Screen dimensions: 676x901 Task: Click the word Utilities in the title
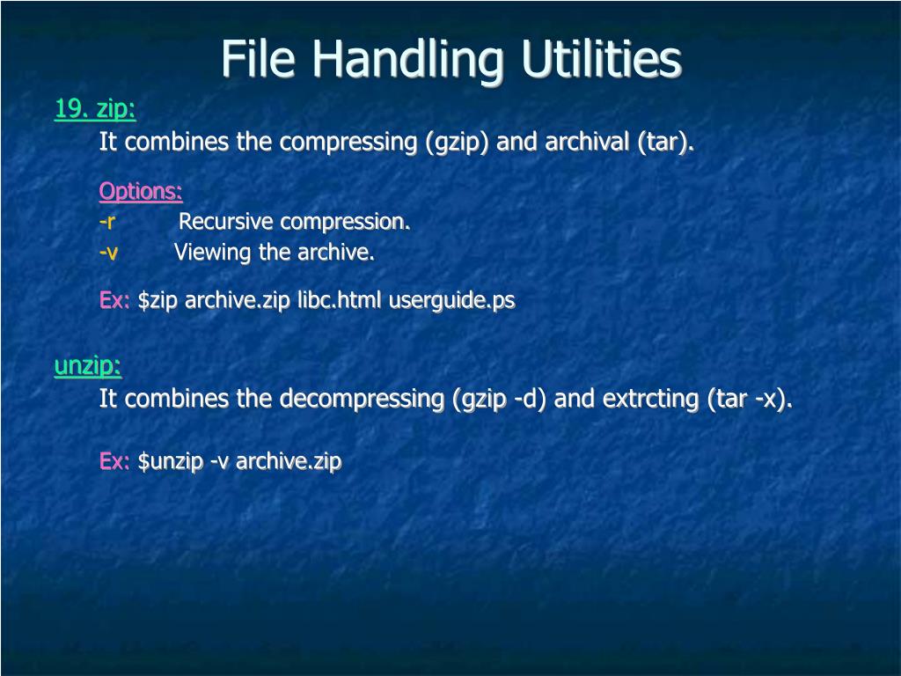(x=601, y=60)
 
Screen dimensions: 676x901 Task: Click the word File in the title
(x=260, y=60)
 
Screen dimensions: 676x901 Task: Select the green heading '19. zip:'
(x=95, y=109)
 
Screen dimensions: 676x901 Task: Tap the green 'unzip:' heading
(x=88, y=366)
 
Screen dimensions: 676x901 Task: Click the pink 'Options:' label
(x=141, y=191)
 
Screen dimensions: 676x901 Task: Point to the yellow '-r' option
(x=107, y=221)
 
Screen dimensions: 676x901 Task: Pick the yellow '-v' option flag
(x=108, y=253)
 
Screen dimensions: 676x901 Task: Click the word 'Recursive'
(x=225, y=221)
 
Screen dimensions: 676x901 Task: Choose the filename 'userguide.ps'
(x=452, y=300)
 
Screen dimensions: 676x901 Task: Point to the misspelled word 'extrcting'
(x=651, y=399)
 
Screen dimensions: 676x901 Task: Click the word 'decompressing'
(x=362, y=399)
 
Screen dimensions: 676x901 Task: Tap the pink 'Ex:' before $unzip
(x=114, y=461)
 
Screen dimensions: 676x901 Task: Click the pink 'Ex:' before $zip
(x=114, y=300)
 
